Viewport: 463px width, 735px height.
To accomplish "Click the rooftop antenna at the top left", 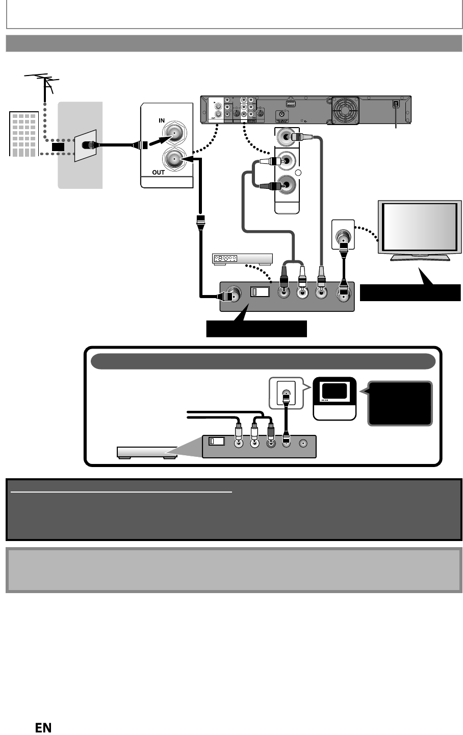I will [x=44, y=83].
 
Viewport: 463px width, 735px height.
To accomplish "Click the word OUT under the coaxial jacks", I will [x=159, y=173].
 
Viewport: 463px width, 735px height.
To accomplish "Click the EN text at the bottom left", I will [x=43, y=728].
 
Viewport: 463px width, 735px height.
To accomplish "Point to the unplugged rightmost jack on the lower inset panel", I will [x=304, y=444].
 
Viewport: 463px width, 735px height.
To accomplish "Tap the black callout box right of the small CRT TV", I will [x=401, y=403].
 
